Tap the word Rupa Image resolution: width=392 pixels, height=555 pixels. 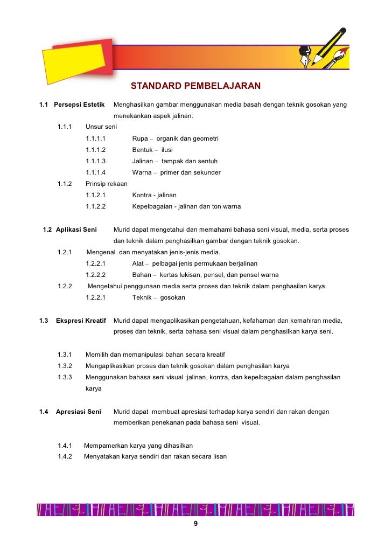[x=140, y=138]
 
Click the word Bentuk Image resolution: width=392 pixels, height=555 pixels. [x=142, y=150]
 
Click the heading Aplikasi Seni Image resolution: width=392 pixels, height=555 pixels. [x=76, y=230]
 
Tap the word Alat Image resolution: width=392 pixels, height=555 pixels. [x=138, y=263]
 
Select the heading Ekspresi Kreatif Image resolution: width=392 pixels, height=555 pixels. [x=81, y=321]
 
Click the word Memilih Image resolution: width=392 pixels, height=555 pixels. [x=97, y=355]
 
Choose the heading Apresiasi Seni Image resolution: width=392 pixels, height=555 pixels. [x=79, y=412]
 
